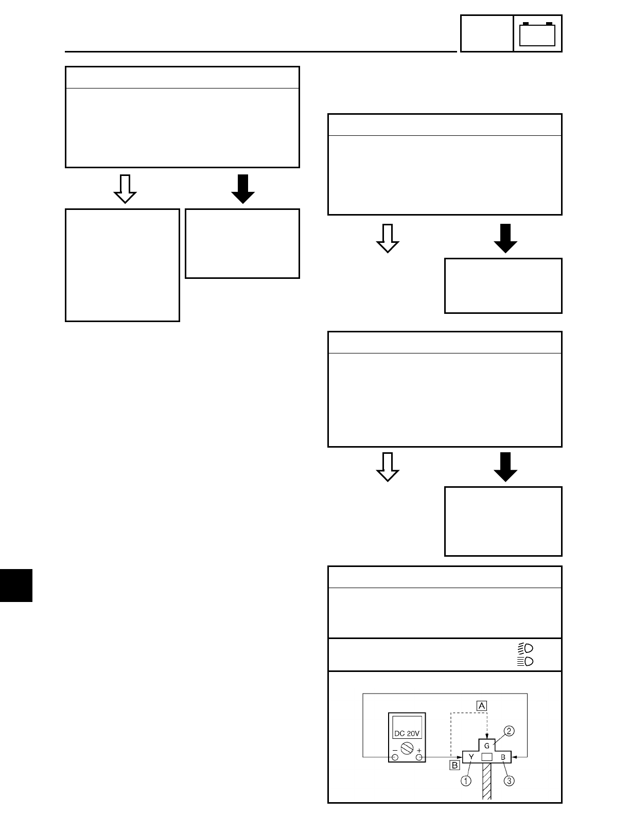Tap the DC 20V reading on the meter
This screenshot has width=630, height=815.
coord(407,733)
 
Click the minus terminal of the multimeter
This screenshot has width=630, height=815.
coord(395,757)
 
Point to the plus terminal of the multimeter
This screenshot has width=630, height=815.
coord(419,757)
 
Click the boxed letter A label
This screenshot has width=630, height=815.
coord(482,705)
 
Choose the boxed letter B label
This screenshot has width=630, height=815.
coord(454,765)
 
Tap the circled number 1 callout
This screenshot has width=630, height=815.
coord(466,781)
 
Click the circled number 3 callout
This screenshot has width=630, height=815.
coord(509,781)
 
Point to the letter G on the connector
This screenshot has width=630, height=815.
coord(486,744)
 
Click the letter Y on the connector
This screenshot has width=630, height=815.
coord(471,757)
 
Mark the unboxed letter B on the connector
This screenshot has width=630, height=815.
coord(503,757)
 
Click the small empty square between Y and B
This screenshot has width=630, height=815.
coord(487,757)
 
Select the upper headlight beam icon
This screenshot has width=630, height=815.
coord(526,647)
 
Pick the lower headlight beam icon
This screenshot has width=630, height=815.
coord(526,661)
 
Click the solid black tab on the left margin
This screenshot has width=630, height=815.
coord(16,585)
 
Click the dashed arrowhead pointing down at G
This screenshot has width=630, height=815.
coord(486,734)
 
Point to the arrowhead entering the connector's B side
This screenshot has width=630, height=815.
coord(515,757)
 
